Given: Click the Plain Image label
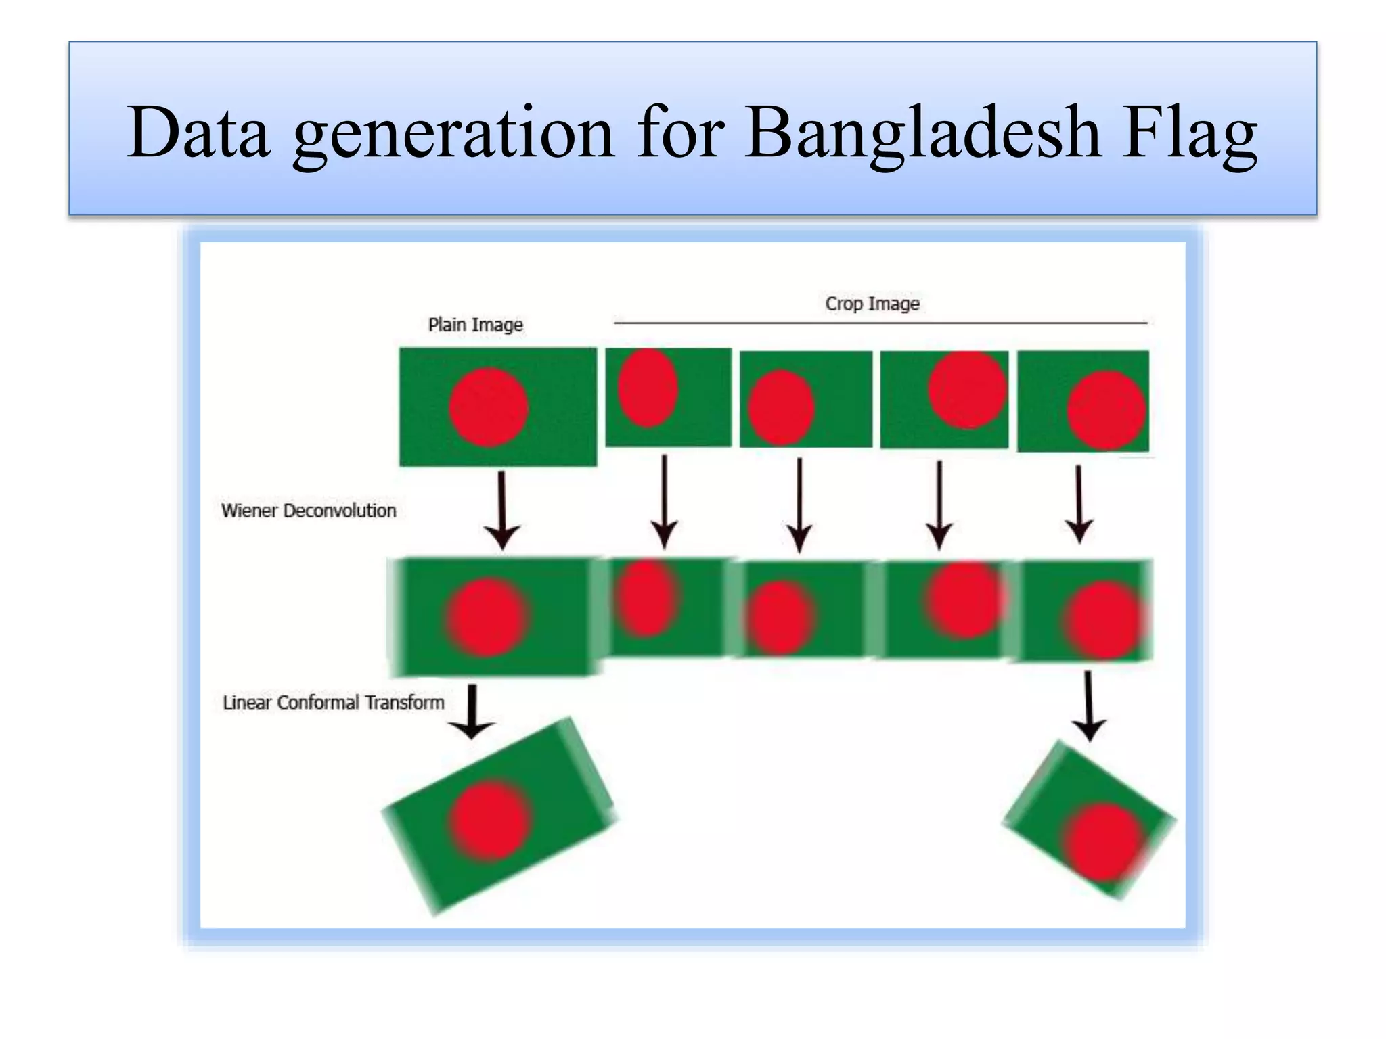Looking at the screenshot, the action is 475,325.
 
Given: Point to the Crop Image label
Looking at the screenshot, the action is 872,304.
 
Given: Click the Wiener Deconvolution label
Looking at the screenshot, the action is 309,511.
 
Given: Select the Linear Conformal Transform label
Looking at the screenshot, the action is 333,703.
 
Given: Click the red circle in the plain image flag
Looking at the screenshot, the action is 488,407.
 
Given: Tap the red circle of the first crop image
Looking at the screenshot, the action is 648,388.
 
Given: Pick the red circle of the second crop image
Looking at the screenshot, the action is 781,407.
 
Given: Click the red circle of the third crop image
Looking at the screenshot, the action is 967,390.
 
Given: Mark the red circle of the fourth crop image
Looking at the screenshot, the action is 1106,410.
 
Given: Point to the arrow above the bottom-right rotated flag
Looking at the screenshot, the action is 1088,706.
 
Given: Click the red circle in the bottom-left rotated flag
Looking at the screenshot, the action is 490,821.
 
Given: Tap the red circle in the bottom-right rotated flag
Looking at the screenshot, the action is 1104,841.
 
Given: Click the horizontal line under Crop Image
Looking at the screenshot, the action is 880,323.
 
